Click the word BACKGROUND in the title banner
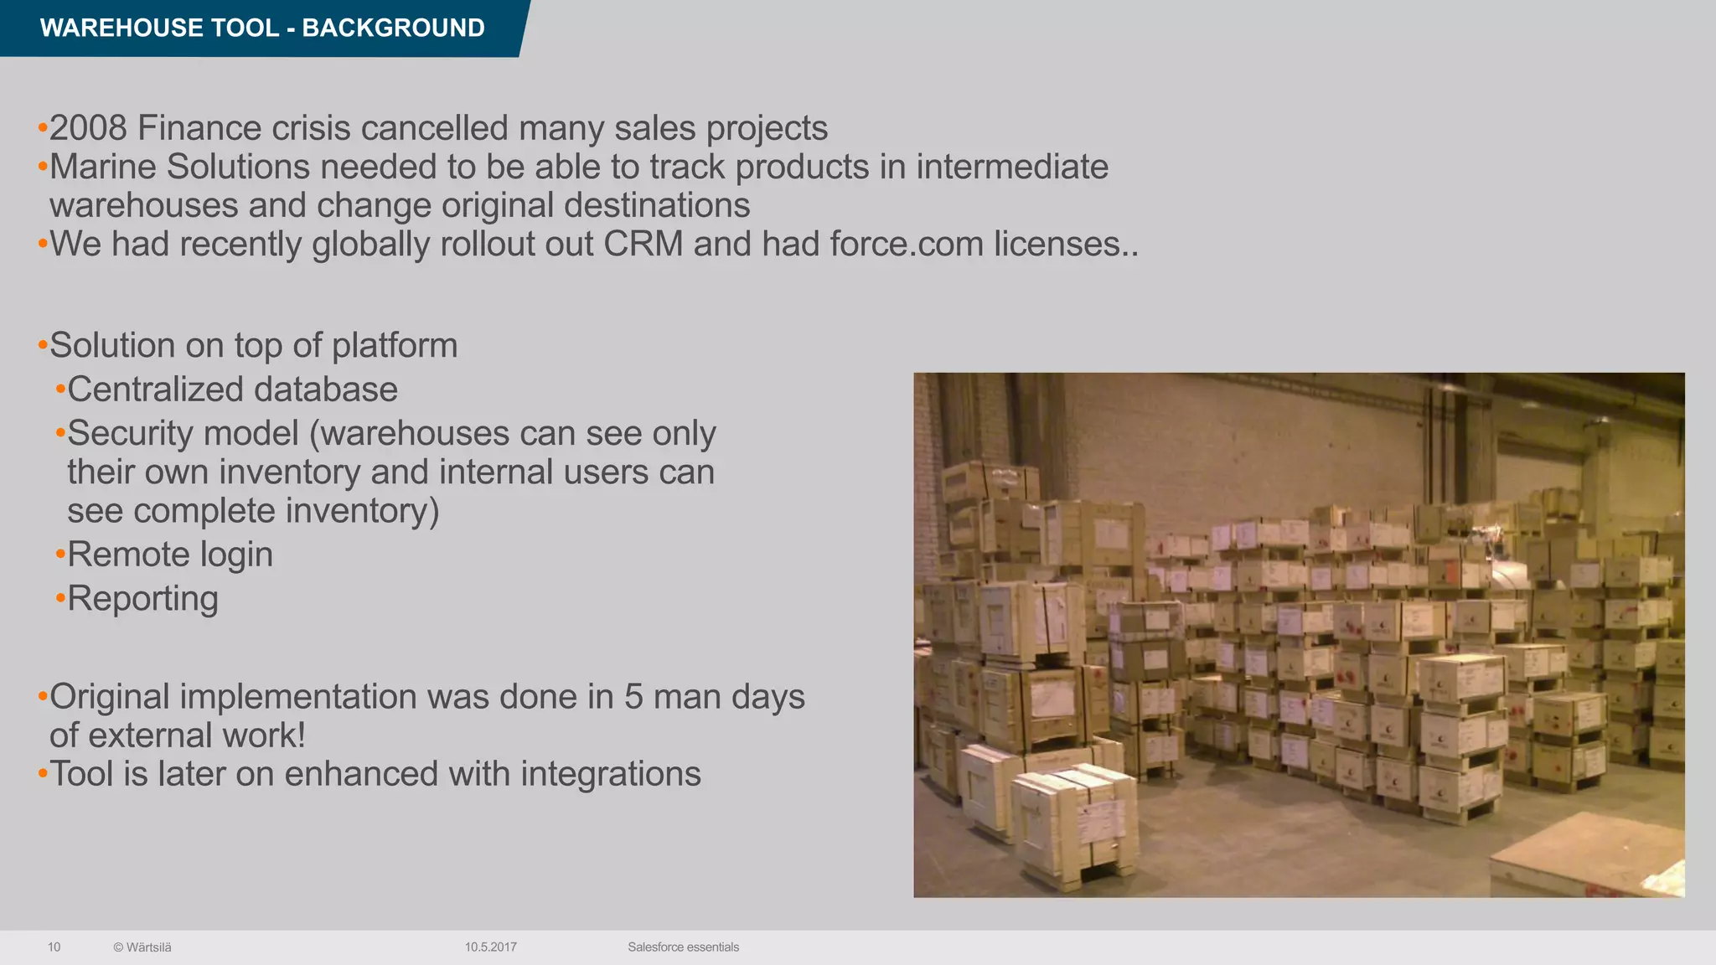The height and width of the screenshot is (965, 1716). [393, 28]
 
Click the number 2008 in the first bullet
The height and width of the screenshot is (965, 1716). [88, 128]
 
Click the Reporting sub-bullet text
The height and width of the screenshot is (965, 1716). [142, 598]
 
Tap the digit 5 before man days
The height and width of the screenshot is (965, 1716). [633, 697]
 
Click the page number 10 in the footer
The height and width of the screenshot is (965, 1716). [54, 947]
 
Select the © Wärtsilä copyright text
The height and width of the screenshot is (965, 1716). [142, 947]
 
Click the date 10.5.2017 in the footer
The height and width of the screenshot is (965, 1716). [491, 947]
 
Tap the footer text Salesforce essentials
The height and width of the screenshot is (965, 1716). [683, 947]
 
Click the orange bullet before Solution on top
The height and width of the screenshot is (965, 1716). [43, 346]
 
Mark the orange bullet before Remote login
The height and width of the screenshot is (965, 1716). [60, 555]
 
